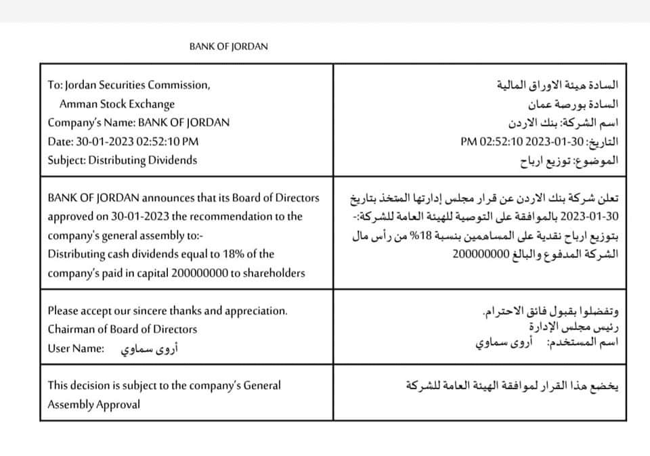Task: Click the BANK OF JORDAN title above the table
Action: (x=228, y=47)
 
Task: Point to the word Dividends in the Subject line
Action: (x=174, y=160)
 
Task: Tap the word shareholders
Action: (x=278, y=273)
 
